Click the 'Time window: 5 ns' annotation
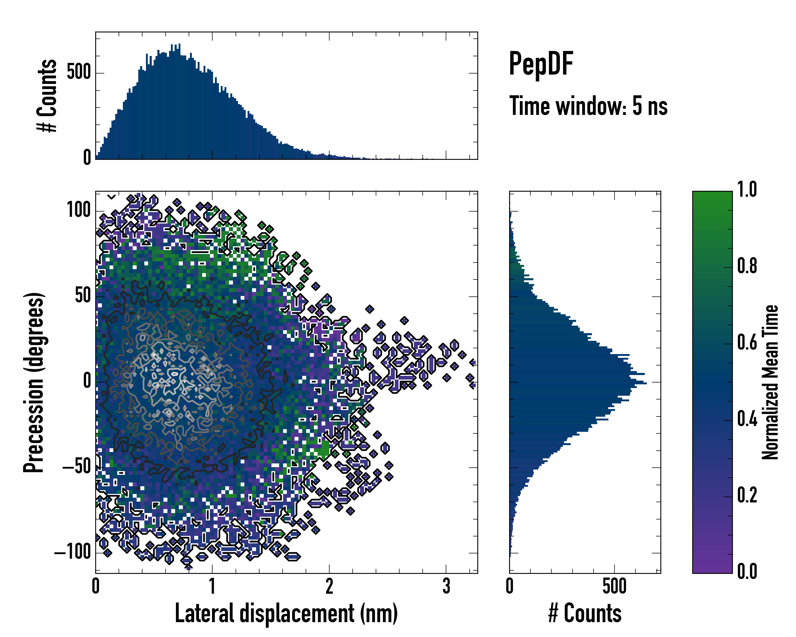click(588, 106)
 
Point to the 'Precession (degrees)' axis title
click(34, 382)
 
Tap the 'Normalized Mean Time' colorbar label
click(770, 382)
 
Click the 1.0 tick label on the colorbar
click(747, 190)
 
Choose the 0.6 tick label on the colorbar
click(747, 342)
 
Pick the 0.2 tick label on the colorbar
click(747, 495)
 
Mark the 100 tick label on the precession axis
click(79, 210)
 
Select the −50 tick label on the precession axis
click(76, 467)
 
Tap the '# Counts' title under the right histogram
click(585, 613)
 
